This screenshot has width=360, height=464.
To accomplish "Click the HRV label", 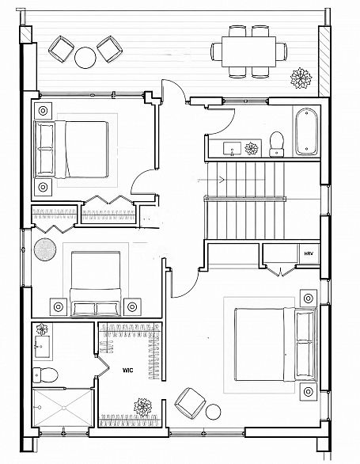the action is click(309, 253).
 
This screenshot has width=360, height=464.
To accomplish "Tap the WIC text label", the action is click(128, 371).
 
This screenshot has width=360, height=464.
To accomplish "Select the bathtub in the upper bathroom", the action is click(306, 131).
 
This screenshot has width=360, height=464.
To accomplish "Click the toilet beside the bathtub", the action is click(277, 144).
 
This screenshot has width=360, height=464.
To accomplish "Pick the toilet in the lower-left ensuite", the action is click(45, 375).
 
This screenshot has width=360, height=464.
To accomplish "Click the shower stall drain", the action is click(64, 408).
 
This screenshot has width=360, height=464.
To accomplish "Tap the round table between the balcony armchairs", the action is click(85, 58).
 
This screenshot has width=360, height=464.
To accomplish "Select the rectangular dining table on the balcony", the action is click(248, 51).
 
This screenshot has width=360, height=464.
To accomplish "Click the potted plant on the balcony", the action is click(301, 78).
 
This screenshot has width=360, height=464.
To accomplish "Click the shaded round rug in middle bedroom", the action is click(45, 249).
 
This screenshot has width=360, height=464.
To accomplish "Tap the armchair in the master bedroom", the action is click(190, 403).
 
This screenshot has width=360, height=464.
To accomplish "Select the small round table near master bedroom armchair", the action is click(213, 412).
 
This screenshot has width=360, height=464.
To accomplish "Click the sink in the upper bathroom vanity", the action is click(232, 148).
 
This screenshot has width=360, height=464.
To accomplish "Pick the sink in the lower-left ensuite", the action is click(42, 346).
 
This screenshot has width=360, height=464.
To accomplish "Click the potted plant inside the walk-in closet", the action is click(143, 407).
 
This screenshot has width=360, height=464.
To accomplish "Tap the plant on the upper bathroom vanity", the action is click(252, 148).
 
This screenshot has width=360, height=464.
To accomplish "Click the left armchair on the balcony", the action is click(61, 49).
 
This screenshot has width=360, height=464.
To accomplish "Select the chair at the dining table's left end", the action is click(216, 51).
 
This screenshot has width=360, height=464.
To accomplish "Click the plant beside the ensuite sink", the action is click(42, 329).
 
